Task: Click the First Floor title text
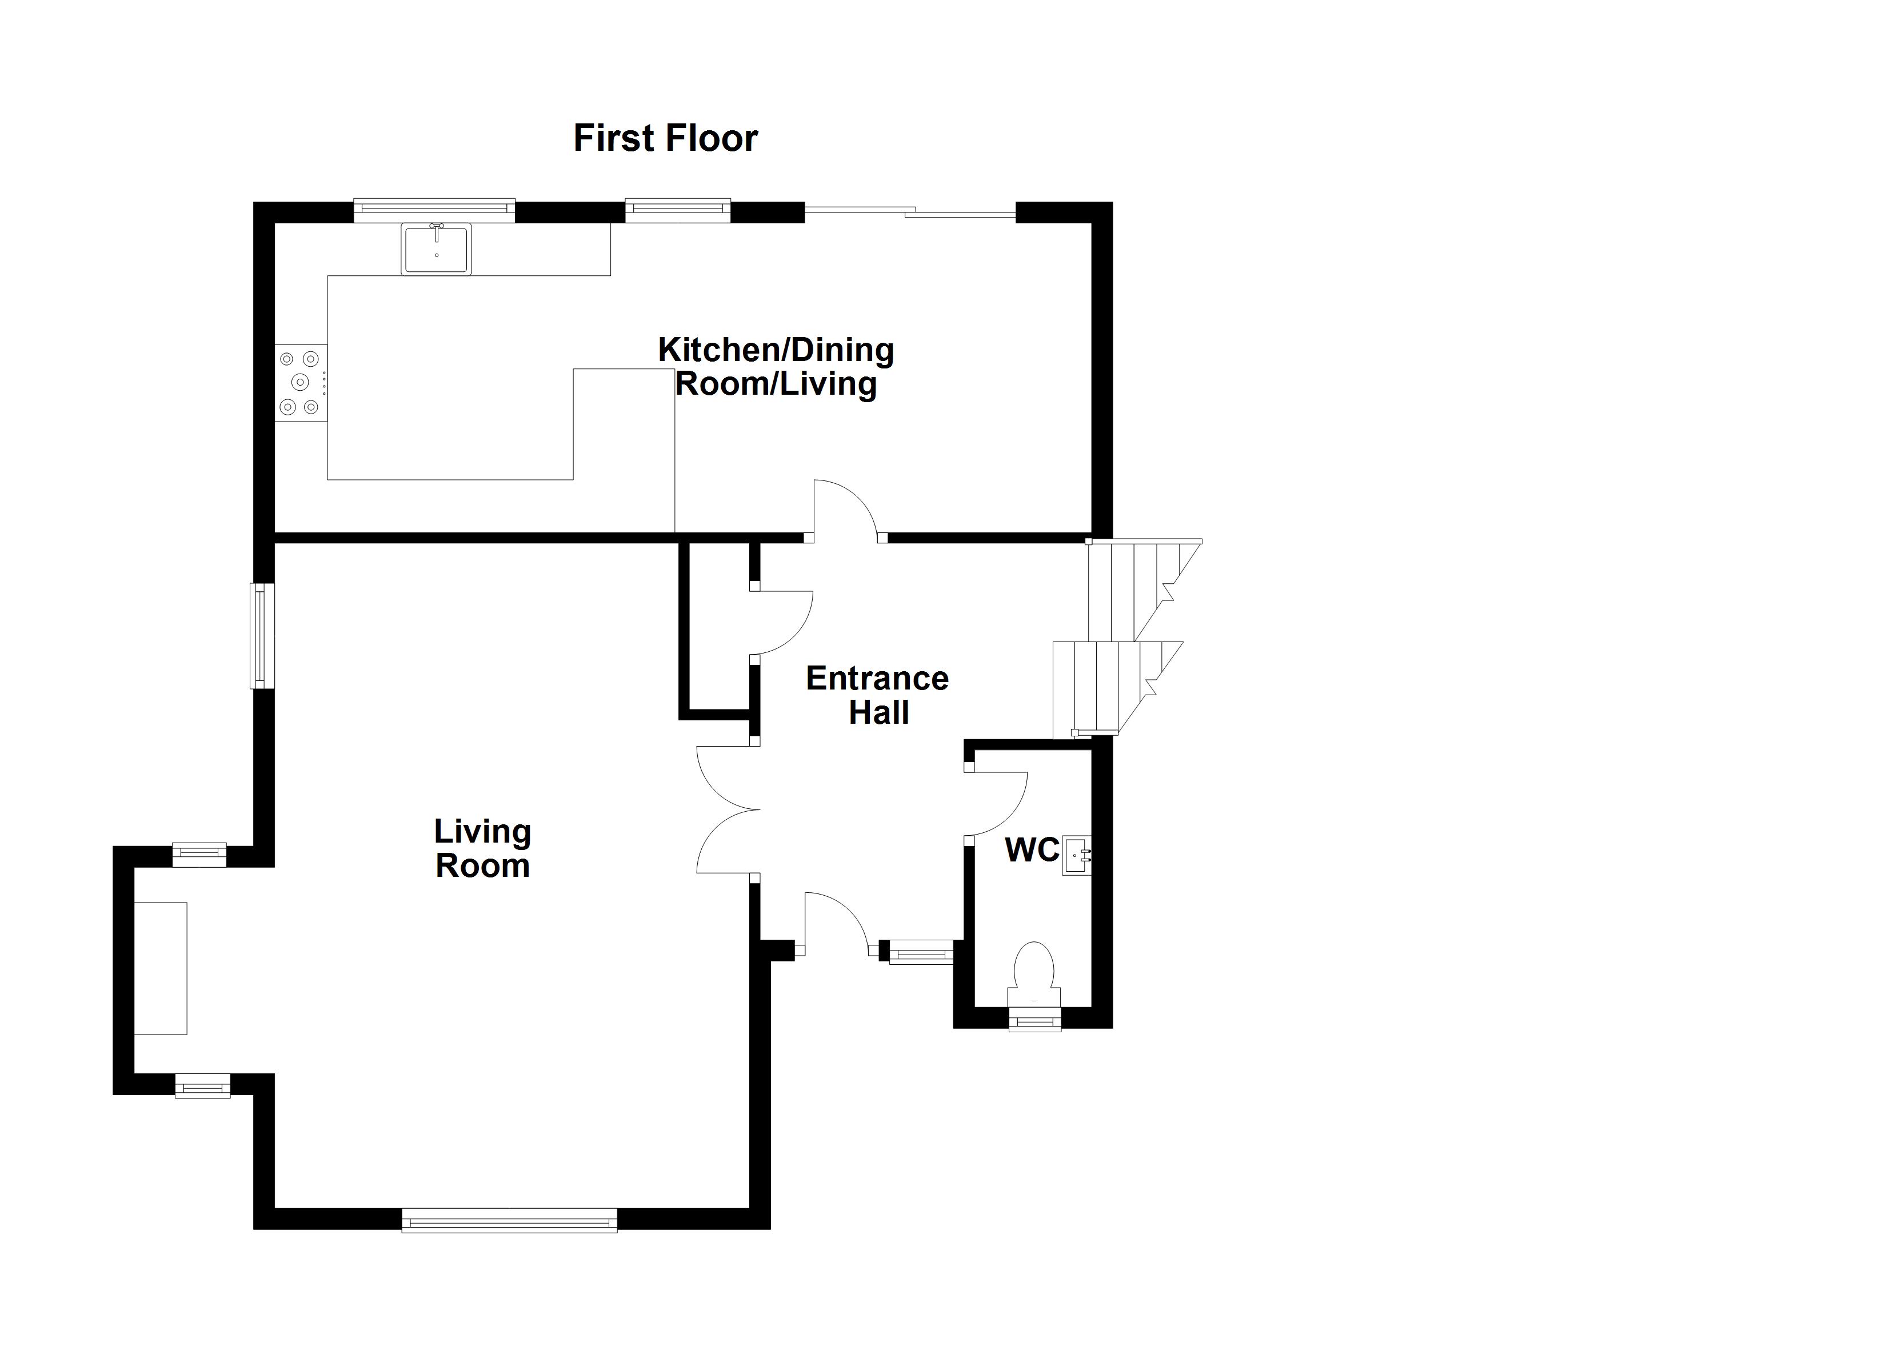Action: pos(665,138)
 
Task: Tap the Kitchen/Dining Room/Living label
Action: pos(776,367)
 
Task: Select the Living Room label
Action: pos(482,848)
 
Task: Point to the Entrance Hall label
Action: pos(877,695)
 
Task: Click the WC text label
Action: pos(1032,849)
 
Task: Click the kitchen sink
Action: pos(437,248)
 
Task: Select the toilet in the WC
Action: pos(1034,975)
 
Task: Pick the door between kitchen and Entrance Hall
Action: pos(846,508)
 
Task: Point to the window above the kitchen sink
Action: pos(434,210)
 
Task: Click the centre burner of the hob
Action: pos(300,382)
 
